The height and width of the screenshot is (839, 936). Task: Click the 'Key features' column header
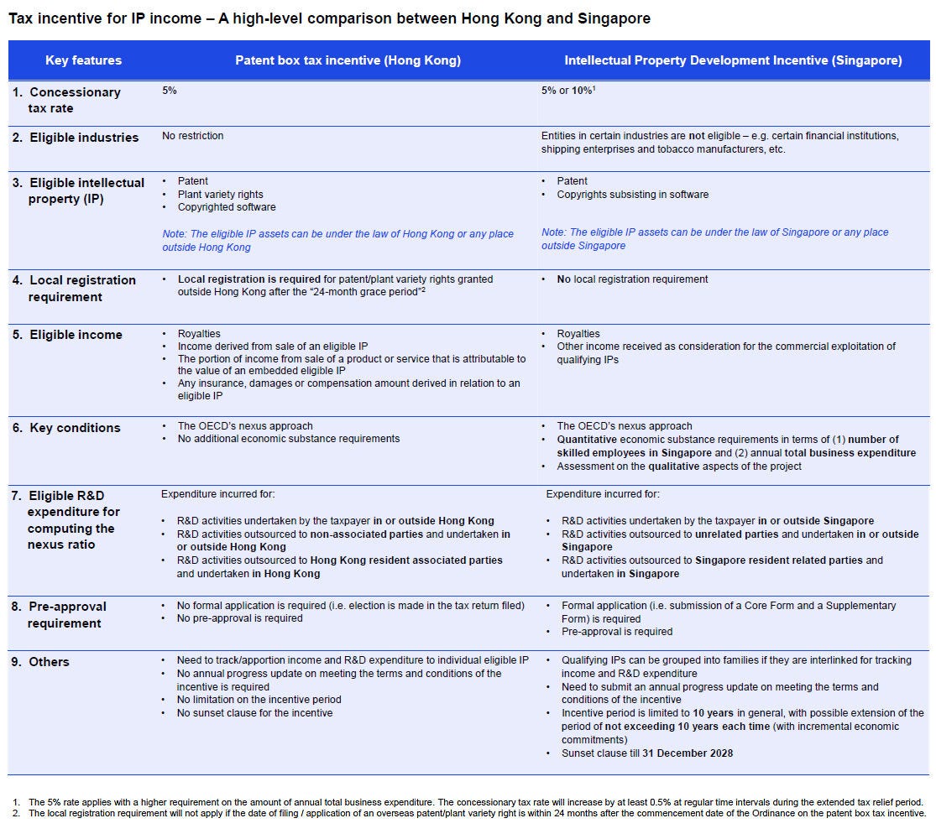pyautogui.click(x=83, y=60)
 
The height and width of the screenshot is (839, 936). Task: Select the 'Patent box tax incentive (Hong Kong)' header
pyautogui.click(x=348, y=60)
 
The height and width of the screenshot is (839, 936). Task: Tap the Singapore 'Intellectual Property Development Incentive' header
pyautogui.click(x=733, y=60)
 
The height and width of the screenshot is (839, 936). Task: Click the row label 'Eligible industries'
pyautogui.click(x=84, y=138)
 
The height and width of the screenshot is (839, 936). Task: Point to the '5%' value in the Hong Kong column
pyautogui.click(x=170, y=91)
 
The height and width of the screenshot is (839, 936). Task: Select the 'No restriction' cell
pyautogui.click(x=193, y=135)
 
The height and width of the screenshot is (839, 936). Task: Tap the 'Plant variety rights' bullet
pyautogui.click(x=220, y=194)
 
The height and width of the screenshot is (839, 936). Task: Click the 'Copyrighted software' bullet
pyautogui.click(x=227, y=207)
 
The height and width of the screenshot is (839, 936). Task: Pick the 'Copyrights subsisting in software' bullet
pyautogui.click(x=632, y=195)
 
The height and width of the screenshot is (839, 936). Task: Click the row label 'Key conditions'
pyautogui.click(x=75, y=428)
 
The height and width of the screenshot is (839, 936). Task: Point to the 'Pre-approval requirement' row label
pyautogui.click(x=67, y=614)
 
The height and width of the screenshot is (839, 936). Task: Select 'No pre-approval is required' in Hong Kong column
pyautogui.click(x=239, y=618)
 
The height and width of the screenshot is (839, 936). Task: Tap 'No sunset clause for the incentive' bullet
pyautogui.click(x=254, y=713)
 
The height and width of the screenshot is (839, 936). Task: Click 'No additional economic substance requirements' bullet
pyautogui.click(x=289, y=439)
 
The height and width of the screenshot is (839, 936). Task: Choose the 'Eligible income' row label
pyautogui.click(x=76, y=335)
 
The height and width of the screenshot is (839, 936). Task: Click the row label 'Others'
pyautogui.click(x=49, y=662)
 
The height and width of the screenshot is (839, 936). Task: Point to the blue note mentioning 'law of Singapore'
pyautogui.click(x=714, y=238)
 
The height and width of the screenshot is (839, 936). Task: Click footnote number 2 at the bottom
pyautogui.click(x=15, y=813)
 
